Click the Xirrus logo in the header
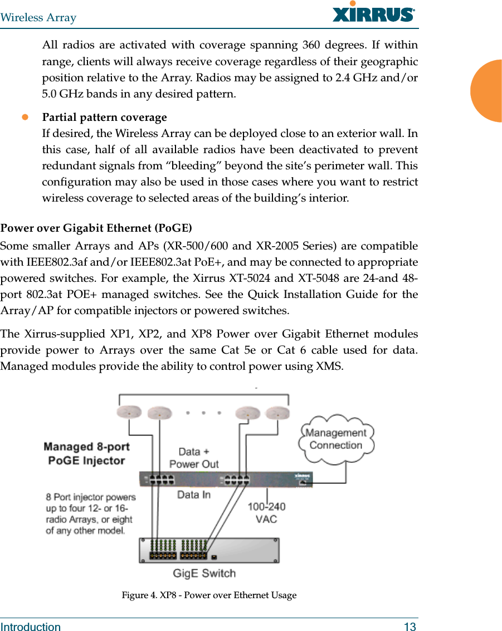click(x=373, y=13)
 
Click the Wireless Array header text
click(x=38, y=17)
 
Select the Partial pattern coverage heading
click(x=105, y=118)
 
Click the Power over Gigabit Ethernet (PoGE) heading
click(x=96, y=228)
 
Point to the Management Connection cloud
click(x=336, y=439)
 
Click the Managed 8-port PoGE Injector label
click(x=86, y=453)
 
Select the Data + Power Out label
click(x=194, y=458)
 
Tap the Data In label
click(x=194, y=494)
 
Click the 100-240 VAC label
click(x=266, y=512)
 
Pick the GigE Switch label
click(x=204, y=573)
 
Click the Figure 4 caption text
click(x=209, y=595)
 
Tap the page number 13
click(x=410, y=627)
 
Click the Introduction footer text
click(x=31, y=627)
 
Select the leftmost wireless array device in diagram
click(x=129, y=412)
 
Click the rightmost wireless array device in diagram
click(x=277, y=413)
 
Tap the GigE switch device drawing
click(x=209, y=550)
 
